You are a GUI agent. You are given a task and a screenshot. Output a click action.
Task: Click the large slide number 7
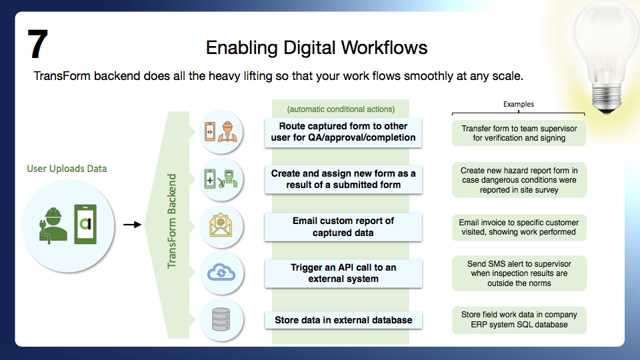click(37, 44)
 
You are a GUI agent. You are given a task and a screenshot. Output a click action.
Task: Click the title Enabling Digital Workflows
click(316, 48)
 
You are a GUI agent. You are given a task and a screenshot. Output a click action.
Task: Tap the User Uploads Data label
click(67, 169)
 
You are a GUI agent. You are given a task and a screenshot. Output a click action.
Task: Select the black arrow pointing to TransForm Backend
click(132, 225)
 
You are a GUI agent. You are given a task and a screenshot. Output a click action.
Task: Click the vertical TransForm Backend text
click(172, 221)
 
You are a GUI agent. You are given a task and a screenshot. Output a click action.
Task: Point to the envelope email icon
click(221, 225)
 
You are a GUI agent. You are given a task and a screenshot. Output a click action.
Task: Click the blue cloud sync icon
click(221, 272)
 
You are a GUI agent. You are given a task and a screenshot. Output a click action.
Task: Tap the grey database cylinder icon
click(221, 319)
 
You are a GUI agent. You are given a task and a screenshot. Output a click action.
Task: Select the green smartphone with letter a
click(85, 224)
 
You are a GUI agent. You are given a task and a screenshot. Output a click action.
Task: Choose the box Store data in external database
click(343, 320)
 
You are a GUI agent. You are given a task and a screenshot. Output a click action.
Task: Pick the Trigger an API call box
click(343, 273)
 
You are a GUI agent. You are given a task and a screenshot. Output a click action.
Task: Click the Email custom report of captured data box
click(343, 227)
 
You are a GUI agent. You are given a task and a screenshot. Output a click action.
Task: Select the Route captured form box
click(343, 132)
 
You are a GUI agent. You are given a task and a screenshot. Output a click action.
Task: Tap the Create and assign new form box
click(343, 179)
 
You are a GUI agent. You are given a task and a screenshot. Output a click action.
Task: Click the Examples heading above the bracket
click(519, 104)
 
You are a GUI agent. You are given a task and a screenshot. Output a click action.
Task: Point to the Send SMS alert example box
click(519, 273)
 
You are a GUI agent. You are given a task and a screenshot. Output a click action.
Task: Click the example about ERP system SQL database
click(519, 319)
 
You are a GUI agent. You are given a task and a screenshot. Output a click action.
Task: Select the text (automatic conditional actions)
click(341, 109)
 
